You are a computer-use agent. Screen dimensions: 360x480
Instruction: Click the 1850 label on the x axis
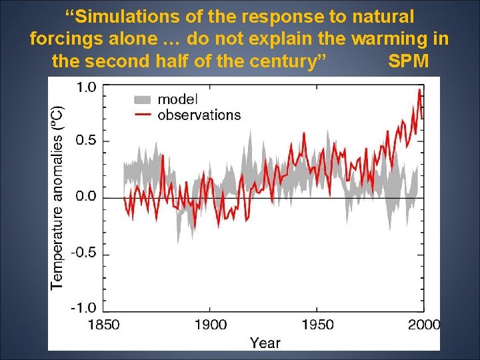pyautogui.click(x=103, y=325)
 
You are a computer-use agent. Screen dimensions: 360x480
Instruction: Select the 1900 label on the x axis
pyautogui.click(x=210, y=325)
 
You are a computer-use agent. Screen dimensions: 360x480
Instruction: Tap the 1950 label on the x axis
pyautogui.click(x=317, y=325)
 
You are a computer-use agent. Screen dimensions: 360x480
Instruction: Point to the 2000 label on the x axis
pyautogui.click(x=423, y=325)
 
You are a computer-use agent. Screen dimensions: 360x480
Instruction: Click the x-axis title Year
pyautogui.click(x=265, y=343)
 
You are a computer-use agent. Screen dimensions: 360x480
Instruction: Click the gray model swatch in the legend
pyautogui.click(x=143, y=99)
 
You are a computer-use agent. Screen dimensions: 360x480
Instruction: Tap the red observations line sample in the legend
pyautogui.click(x=143, y=115)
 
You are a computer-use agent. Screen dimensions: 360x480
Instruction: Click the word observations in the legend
pyautogui.click(x=199, y=115)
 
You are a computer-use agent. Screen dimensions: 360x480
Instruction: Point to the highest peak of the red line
pyautogui.click(x=419, y=90)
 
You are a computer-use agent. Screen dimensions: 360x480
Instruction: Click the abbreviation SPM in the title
pyautogui.click(x=409, y=61)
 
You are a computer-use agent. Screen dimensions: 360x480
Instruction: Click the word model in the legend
pyautogui.click(x=177, y=99)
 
